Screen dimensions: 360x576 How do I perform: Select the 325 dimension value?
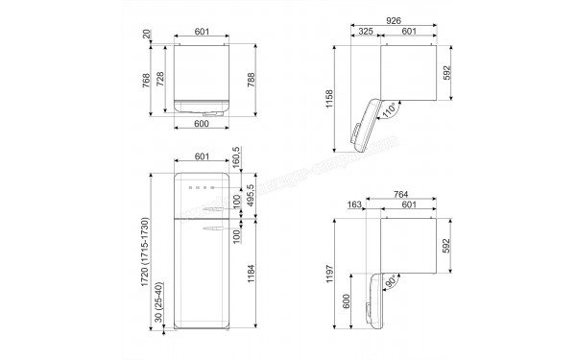tap(366, 32)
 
